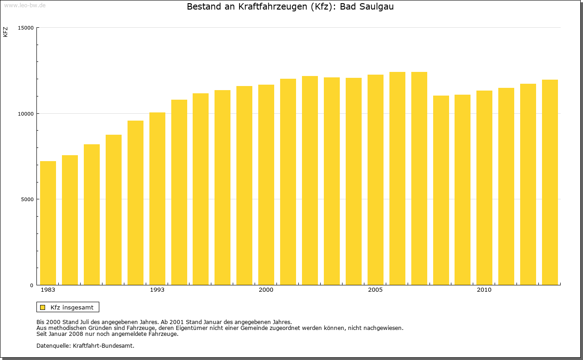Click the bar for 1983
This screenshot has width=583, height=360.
[48, 223]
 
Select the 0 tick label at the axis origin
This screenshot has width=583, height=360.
[32, 285]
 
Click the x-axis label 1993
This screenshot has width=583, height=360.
[157, 290]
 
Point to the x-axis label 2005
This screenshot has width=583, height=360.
[375, 290]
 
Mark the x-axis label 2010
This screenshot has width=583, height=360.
[484, 290]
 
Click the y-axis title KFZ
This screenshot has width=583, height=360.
[5, 32]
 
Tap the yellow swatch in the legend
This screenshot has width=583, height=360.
[42, 307]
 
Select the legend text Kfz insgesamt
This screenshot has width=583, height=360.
[72, 307]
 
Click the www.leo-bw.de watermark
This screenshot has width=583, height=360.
[25, 5]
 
